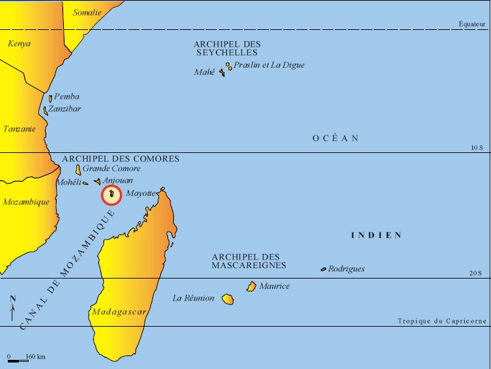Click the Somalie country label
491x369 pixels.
(87, 12)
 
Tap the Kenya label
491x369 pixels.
(19, 44)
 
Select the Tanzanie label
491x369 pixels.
(19, 129)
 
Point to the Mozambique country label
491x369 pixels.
(26, 202)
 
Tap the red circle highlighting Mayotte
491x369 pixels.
(112, 195)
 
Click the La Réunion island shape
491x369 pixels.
(227, 299)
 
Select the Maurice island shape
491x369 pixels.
(251, 286)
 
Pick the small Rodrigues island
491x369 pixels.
(323, 269)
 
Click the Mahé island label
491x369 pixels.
(204, 72)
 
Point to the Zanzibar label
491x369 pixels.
(64, 109)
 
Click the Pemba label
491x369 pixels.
(66, 96)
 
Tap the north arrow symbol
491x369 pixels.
(12, 307)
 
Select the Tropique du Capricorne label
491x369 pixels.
(442, 321)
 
